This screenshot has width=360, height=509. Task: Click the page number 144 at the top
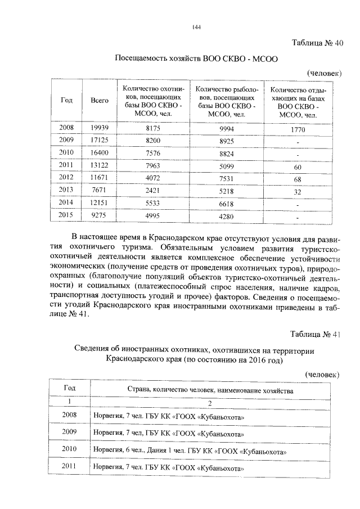point(197,27)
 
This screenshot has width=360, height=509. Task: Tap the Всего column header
point(100,100)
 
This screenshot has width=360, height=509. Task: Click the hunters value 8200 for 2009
point(154,139)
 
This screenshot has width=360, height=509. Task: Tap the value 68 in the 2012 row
point(298,179)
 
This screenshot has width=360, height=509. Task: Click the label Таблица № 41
point(317,334)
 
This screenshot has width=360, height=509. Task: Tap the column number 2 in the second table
point(209,403)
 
